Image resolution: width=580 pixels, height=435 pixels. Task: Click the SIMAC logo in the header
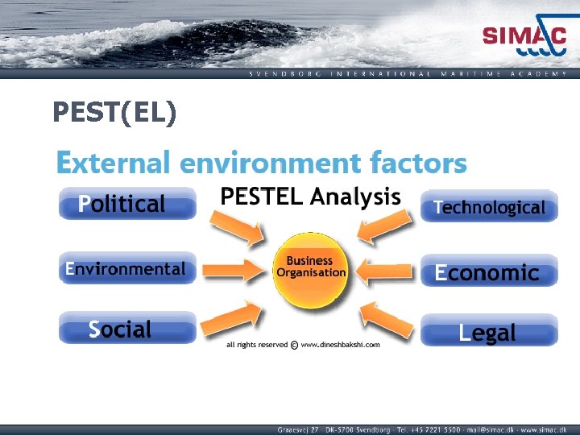(524, 39)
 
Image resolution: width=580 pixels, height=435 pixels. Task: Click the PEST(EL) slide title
(114, 112)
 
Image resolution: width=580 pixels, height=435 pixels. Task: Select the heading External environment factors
(261, 163)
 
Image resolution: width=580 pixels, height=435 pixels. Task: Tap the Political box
(127, 204)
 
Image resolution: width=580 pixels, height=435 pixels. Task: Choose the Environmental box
(127, 268)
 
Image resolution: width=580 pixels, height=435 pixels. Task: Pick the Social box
(127, 329)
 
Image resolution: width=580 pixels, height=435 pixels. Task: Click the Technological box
(489, 207)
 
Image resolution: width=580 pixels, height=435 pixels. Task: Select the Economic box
(489, 271)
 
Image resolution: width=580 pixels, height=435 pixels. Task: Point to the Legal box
(489, 332)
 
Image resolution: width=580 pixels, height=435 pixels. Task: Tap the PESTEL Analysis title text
(310, 197)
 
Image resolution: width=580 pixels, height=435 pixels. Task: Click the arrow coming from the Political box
(238, 225)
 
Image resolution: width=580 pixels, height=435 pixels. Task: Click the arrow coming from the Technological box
(385, 226)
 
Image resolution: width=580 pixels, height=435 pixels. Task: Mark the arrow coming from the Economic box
(385, 272)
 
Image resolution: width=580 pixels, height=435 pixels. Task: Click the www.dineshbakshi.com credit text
(340, 345)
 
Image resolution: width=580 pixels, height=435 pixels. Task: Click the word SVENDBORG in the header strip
(285, 73)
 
